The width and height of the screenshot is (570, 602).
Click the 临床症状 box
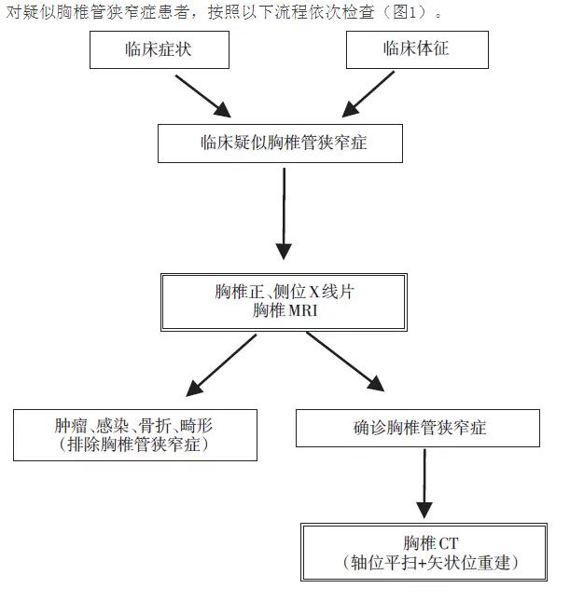pos(159,49)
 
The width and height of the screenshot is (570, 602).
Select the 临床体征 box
pos(416,49)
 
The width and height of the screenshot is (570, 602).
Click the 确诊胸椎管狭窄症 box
pos(417,428)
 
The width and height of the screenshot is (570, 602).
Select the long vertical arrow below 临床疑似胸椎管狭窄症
pos(284,214)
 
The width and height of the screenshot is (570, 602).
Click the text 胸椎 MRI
pos(285,311)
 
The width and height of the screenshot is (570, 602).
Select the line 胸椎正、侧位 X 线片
pos(285,293)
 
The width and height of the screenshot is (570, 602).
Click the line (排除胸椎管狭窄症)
pos(134,445)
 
